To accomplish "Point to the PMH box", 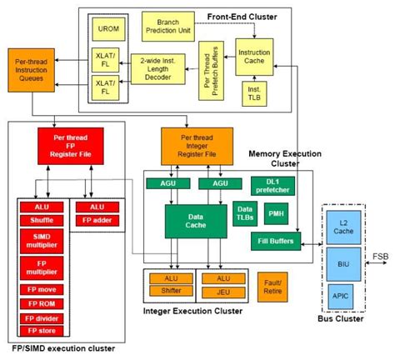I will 275,215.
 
